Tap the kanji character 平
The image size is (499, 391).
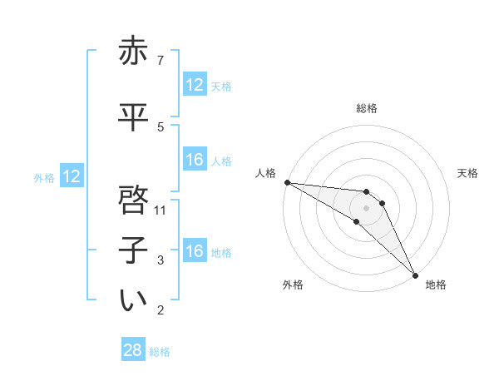pos(133,117)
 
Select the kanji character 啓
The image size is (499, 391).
pos(133,200)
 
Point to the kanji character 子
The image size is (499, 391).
pos(133,250)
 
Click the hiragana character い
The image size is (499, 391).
pos(133,301)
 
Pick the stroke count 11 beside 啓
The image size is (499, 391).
pos(161,210)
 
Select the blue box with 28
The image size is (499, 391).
pos(133,350)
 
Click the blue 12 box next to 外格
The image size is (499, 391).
pos(71,176)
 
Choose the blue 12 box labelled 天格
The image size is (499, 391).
pos(195,84)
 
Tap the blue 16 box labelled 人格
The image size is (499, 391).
pos(195,160)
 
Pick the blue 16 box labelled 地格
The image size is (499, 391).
pos(195,251)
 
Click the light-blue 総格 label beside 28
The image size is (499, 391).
pos(160,352)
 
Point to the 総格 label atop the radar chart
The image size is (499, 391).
pos(367,108)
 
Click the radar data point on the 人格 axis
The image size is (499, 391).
pos(287,182)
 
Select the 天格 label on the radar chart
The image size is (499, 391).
pos(467,173)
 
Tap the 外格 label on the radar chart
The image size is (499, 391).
pos(292,285)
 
